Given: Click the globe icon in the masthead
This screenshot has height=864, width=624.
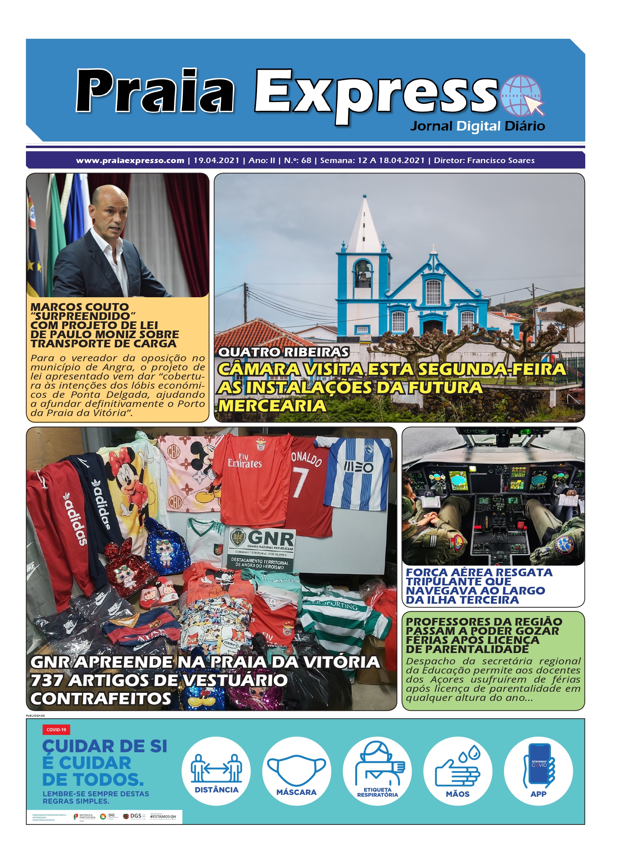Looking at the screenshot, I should (521, 95).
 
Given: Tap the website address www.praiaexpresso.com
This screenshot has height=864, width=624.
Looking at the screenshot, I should (130, 161).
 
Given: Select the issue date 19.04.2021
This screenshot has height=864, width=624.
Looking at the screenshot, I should (216, 161).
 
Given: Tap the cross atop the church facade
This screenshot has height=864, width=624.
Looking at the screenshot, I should (433, 247).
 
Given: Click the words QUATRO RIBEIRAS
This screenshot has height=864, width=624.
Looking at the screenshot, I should (283, 352).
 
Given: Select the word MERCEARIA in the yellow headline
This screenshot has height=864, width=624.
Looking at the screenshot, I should (272, 405).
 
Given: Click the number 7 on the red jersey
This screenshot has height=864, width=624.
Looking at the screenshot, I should (300, 482).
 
